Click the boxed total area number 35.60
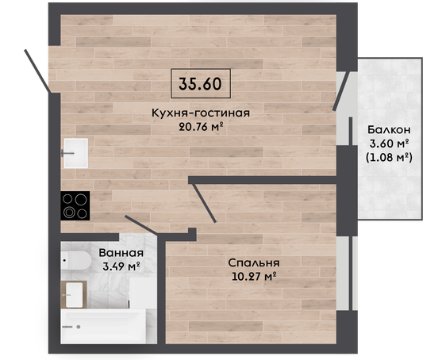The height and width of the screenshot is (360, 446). [200, 83]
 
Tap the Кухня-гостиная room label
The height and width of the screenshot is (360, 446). [201, 113]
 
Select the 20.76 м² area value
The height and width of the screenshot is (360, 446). [201, 126]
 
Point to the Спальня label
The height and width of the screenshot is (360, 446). [254, 263]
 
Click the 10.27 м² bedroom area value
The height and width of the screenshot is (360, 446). [255, 276]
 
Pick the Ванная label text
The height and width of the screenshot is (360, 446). [121, 253]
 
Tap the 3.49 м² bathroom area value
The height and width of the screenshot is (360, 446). [121, 266]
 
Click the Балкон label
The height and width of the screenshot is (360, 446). [389, 129]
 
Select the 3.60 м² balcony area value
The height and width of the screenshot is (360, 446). [389, 144]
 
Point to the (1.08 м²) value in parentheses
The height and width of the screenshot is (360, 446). [389, 157]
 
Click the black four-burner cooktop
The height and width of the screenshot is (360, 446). [75, 205]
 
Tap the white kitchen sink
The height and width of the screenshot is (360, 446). [75, 153]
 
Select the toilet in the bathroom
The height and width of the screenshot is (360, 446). [75, 260]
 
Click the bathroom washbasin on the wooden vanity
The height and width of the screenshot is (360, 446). [74, 295]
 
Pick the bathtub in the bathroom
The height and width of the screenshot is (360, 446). [103, 327]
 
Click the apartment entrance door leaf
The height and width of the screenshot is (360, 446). [37, 71]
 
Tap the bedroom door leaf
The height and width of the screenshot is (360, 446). [204, 203]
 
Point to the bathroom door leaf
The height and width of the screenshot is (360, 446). [141, 225]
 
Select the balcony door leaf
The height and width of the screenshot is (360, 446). [341, 91]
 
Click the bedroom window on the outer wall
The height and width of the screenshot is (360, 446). [347, 274]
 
